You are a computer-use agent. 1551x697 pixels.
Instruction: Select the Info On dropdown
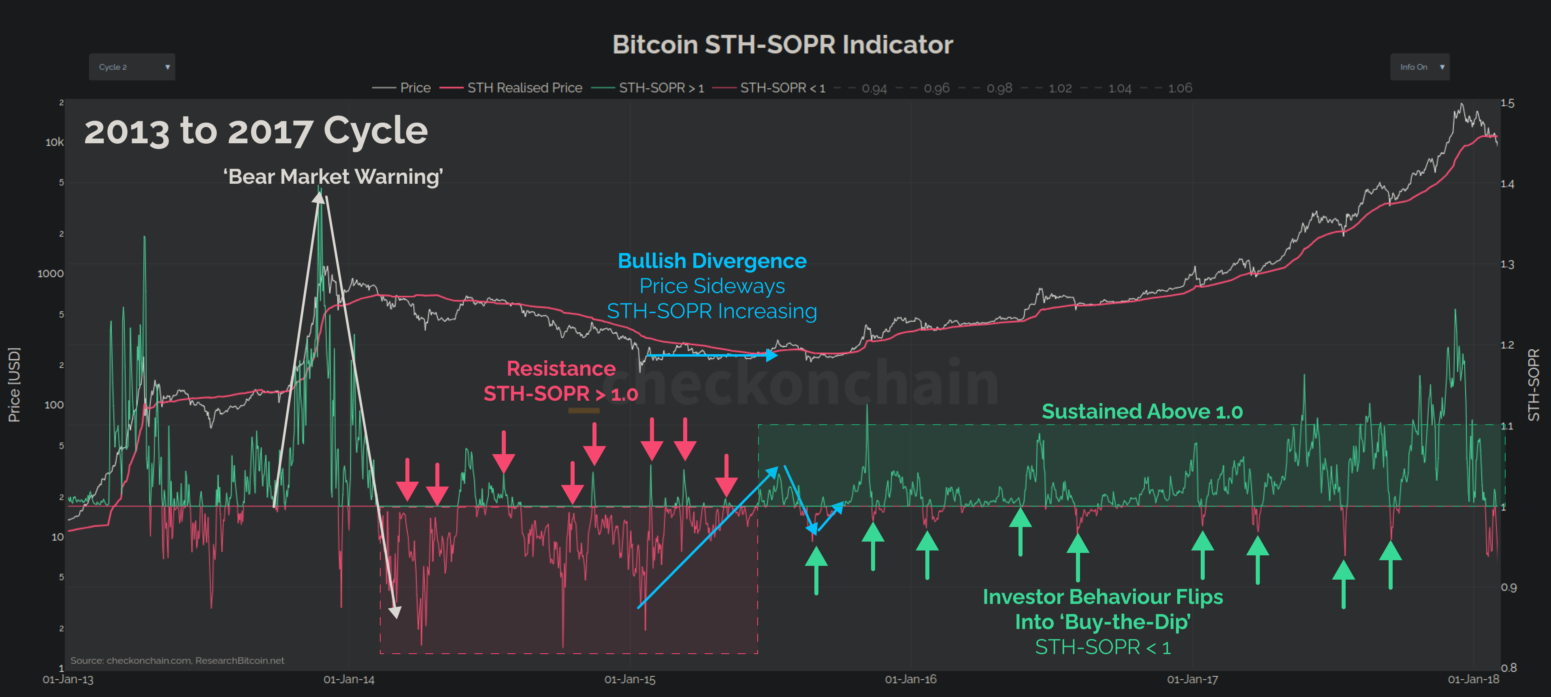click(1419, 67)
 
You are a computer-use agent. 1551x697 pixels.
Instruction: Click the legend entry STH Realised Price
click(524, 88)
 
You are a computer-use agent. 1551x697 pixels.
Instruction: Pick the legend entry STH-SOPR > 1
click(660, 88)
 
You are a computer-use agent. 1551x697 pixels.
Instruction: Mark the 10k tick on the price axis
click(54, 142)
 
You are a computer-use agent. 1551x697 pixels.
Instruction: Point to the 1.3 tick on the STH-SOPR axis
click(1507, 264)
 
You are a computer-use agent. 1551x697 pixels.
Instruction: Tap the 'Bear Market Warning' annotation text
click(333, 176)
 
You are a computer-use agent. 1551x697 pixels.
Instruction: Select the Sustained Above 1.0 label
click(1142, 411)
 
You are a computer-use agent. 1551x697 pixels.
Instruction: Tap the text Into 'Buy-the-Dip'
click(1102, 622)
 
